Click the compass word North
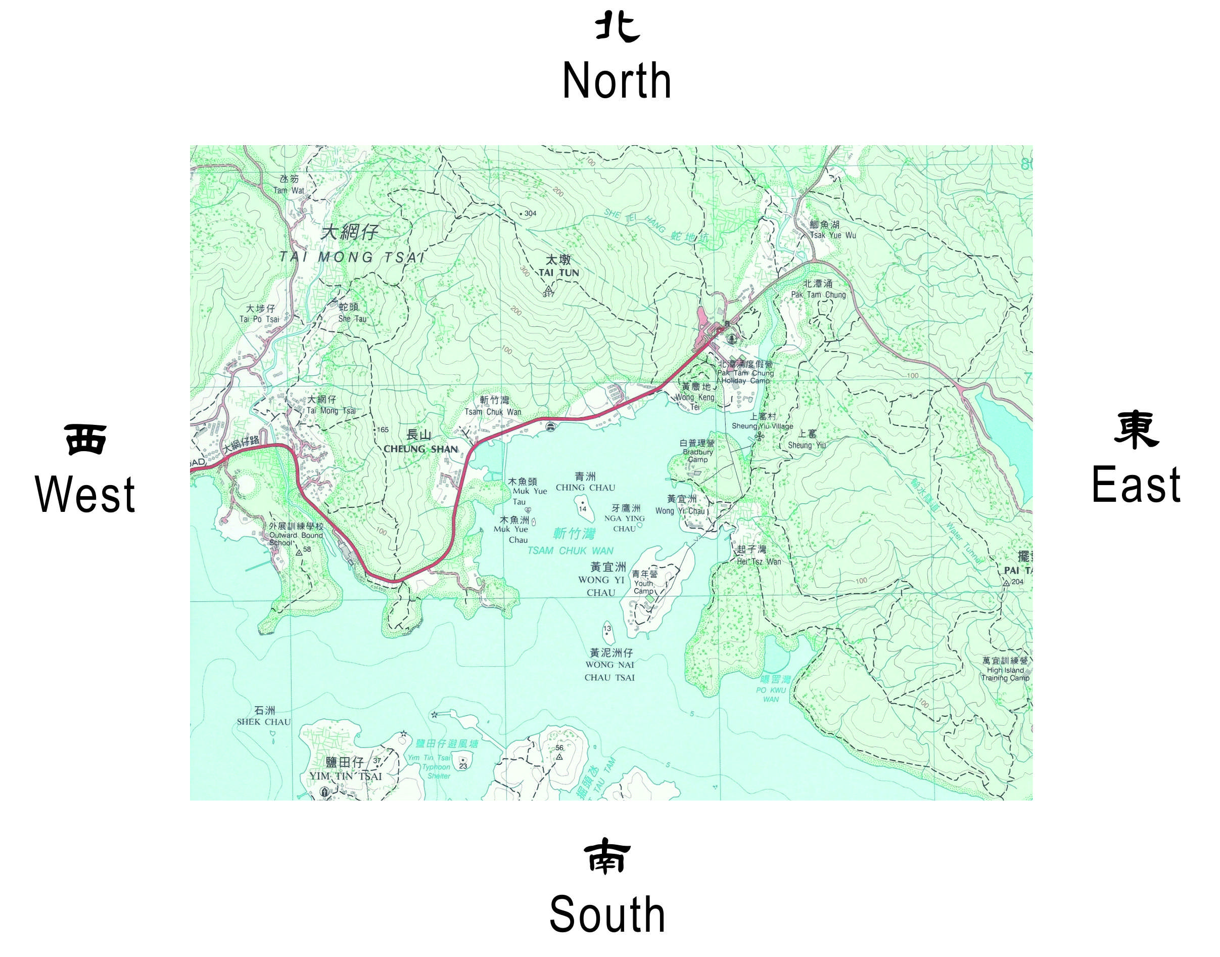pos(617,81)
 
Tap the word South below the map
pos(607,915)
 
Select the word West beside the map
pos(85,494)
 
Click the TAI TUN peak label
pos(559,273)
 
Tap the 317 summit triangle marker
pos(548,288)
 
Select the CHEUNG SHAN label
pos(420,449)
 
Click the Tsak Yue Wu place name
pos(832,235)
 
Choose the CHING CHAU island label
pos(585,488)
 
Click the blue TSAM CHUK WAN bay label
pos(570,551)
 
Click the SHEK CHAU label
pos(264,722)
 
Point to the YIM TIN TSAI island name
pos(346,776)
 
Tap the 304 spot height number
pos(530,213)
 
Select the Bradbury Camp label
pos(697,456)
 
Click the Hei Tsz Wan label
pos(758,561)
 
